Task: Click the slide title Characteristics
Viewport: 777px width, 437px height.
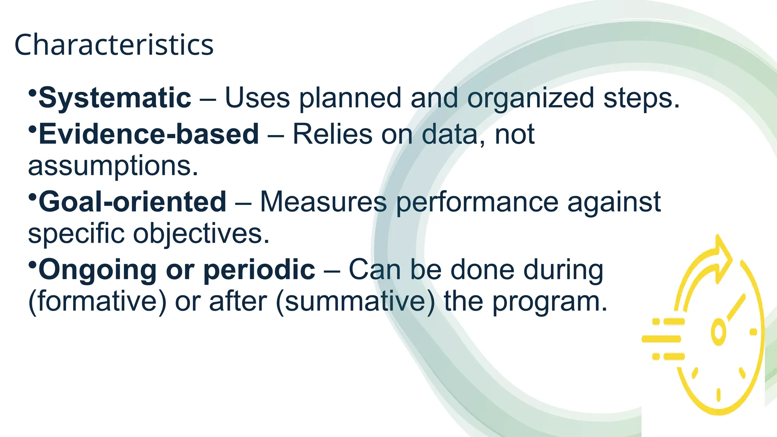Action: click(x=114, y=45)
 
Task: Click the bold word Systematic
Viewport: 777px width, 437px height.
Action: click(x=115, y=98)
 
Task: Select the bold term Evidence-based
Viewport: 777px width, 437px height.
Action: click(x=149, y=134)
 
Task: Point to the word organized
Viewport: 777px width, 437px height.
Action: click(x=530, y=98)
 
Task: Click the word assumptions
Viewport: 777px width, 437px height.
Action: click(x=113, y=166)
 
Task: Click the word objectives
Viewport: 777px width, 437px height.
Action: click(x=201, y=233)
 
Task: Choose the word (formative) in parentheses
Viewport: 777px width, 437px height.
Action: click(x=98, y=301)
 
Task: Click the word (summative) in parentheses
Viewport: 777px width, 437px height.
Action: click(x=355, y=301)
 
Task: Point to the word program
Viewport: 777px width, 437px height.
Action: click(x=550, y=301)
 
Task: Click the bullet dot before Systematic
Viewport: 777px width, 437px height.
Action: click(x=32, y=93)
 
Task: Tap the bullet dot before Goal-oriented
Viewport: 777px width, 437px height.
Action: click(x=32, y=196)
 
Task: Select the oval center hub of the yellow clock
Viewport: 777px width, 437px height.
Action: click(x=718, y=332)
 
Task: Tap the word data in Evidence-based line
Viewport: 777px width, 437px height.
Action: click(x=449, y=134)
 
